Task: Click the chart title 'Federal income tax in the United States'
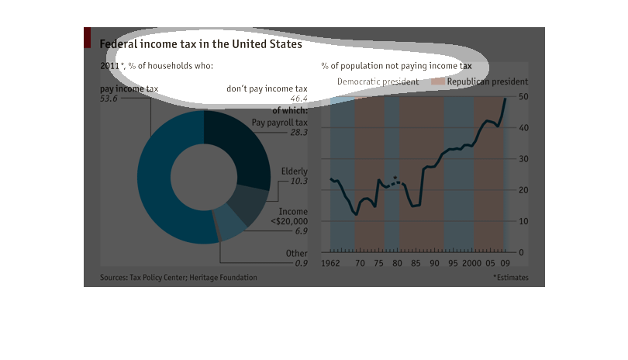pos(201,45)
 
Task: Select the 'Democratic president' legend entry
pos(378,81)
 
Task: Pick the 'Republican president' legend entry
pos(488,81)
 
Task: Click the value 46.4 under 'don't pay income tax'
pos(298,99)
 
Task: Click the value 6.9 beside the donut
pos(301,231)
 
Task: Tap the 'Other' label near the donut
pos(296,253)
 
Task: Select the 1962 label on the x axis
pos(331,264)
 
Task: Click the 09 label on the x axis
pos(505,264)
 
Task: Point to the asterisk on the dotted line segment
pos(395,179)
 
